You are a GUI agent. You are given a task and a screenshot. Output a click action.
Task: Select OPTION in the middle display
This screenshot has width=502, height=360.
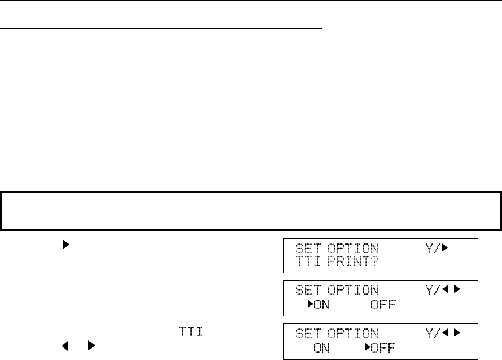[353, 291]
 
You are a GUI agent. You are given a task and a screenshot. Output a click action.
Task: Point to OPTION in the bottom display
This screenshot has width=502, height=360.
[353, 334]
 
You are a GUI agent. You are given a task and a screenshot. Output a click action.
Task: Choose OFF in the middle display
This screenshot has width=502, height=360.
[382, 304]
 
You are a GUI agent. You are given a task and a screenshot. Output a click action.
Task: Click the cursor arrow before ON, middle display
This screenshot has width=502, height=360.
[310, 304]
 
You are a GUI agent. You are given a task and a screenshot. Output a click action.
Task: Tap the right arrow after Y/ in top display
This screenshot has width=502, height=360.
[445, 249]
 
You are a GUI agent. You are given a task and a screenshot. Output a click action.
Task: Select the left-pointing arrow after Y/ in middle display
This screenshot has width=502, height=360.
[446, 291]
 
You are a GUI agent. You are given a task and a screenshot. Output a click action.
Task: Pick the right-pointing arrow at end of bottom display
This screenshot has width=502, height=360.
[457, 334]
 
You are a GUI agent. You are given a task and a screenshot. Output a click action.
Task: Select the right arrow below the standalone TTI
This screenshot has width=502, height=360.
[91, 347]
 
